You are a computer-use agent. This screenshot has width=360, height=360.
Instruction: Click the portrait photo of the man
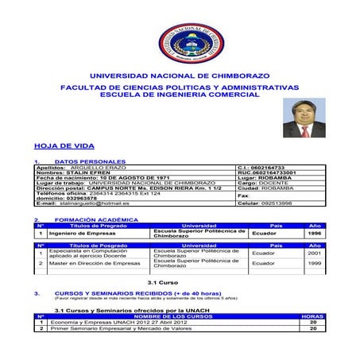pos(304,119)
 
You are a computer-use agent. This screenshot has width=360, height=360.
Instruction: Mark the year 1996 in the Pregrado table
pos(315,234)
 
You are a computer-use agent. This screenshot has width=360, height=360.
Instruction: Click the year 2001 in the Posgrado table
pos(315,254)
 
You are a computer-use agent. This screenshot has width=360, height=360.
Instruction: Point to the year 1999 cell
pos(315,263)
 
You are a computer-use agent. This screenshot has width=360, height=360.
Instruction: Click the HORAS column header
pos(314,316)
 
